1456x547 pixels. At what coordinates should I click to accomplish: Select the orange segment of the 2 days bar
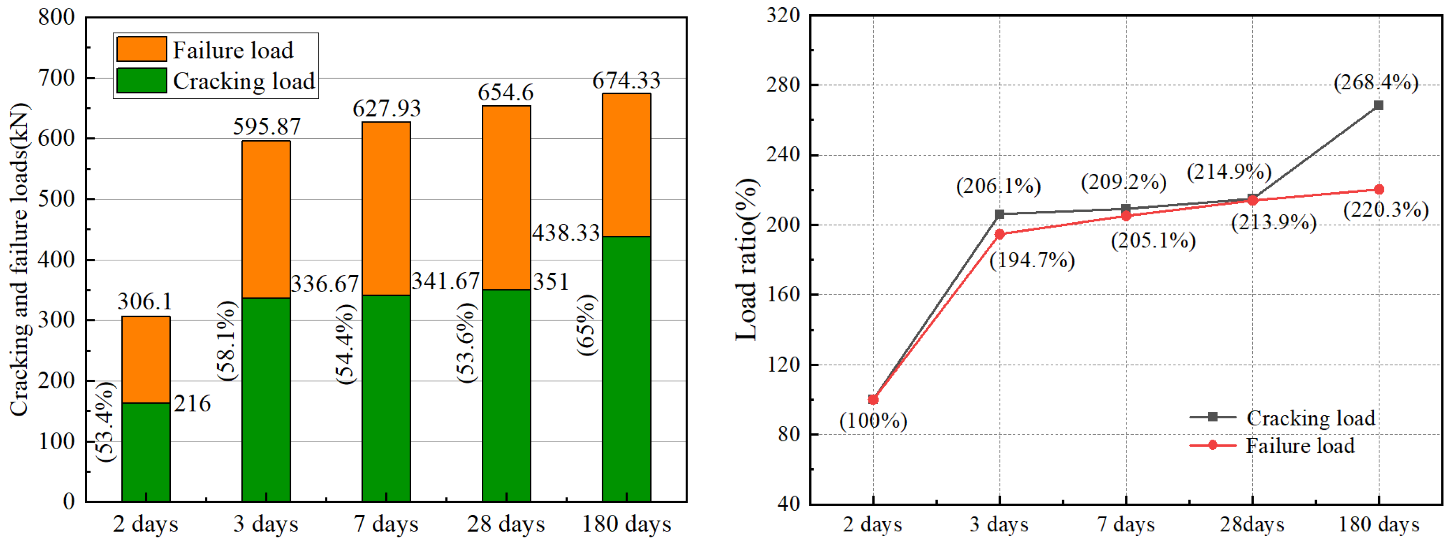point(146,359)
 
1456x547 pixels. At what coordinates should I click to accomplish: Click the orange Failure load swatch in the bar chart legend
point(142,49)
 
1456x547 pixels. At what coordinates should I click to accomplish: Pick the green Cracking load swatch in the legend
point(142,80)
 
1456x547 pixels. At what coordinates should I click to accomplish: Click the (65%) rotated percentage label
point(586,325)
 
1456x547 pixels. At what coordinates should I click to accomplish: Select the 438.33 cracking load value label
point(566,233)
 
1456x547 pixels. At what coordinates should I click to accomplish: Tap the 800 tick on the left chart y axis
point(56,18)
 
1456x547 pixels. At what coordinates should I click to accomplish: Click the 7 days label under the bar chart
point(386,524)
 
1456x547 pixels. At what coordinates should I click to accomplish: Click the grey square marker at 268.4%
point(1378,105)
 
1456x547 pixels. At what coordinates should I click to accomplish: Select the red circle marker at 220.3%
point(1378,190)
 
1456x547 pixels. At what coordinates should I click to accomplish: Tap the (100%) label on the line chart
point(873,421)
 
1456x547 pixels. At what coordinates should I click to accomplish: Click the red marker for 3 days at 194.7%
point(999,234)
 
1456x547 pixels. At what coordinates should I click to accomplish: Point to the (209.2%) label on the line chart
point(1124,182)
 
